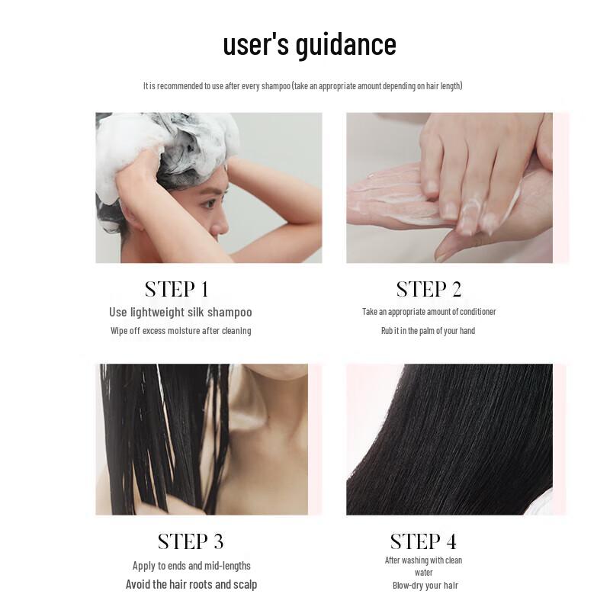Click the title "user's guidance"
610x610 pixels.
coord(309,44)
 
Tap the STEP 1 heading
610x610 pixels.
coord(176,290)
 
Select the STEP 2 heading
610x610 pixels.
coord(429,290)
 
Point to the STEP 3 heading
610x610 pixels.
coord(190,542)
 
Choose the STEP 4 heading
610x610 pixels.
coord(423,542)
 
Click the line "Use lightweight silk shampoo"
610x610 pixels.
coord(180,312)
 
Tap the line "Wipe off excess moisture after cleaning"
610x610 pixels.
coord(180,331)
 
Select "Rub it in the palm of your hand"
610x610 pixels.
coord(428,331)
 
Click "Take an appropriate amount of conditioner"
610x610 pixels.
coord(429,312)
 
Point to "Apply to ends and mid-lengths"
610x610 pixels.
coord(191,566)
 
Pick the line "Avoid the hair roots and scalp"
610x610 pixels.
coord(191,585)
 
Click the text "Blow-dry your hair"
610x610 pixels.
coord(425,586)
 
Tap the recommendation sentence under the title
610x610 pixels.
coord(303,86)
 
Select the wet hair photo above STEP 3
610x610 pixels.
coord(201,439)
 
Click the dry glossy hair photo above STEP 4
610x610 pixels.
coord(449,439)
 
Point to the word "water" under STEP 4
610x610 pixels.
coord(424,573)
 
